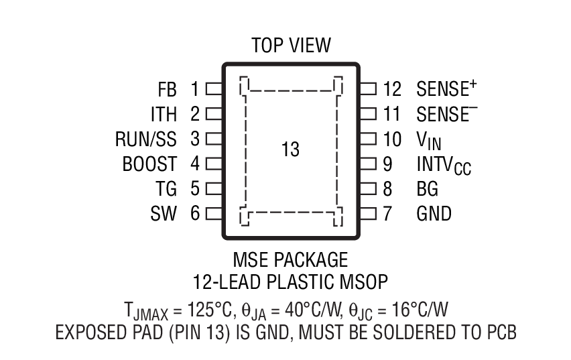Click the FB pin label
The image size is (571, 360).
pyautogui.click(x=168, y=89)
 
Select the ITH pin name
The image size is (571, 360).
pyautogui.click(x=164, y=114)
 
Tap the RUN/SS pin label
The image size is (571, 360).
pyautogui.click(x=146, y=139)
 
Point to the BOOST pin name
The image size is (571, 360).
pyautogui.click(x=149, y=164)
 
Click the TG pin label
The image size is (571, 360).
pyautogui.click(x=166, y=189)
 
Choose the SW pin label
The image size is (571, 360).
pyautogui.click(x=164, y=214)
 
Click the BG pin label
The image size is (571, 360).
pyautogui.click(x=428, y=189)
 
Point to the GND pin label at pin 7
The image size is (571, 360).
pyautogui.click(x=434, y=214)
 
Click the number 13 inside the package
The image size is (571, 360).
pyautogui.click(x=290, y=149)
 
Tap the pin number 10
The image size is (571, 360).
pyautogui.click(x=392, y=139)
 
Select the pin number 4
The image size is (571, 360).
pyautogui.click(x=195, y=164)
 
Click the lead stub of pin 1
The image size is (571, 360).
pyautogui.click(x=214, y=88)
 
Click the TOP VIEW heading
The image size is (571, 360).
pyautogui.click(x=291, y=46)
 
